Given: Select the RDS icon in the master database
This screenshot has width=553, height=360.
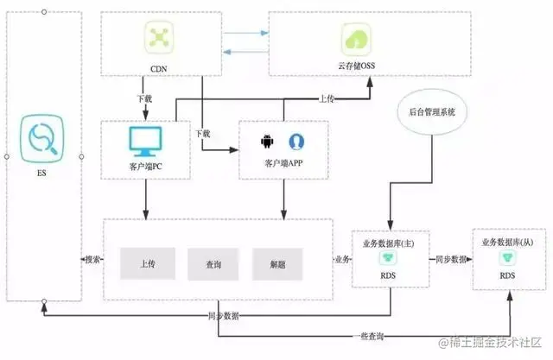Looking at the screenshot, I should pos(385,259).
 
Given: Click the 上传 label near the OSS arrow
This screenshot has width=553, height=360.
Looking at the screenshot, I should pos(326,98).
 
